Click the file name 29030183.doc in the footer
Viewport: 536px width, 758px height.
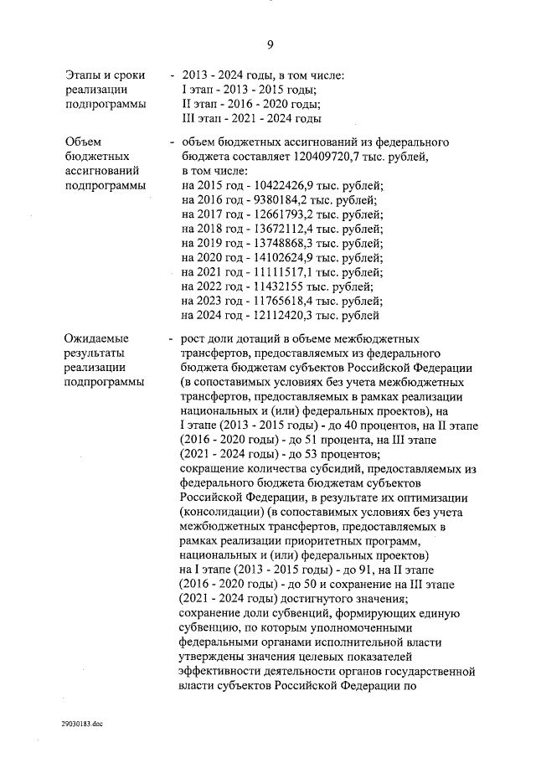80,723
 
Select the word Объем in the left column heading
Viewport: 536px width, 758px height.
84,142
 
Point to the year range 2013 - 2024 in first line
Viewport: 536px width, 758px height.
214,75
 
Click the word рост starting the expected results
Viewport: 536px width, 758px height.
195,338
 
